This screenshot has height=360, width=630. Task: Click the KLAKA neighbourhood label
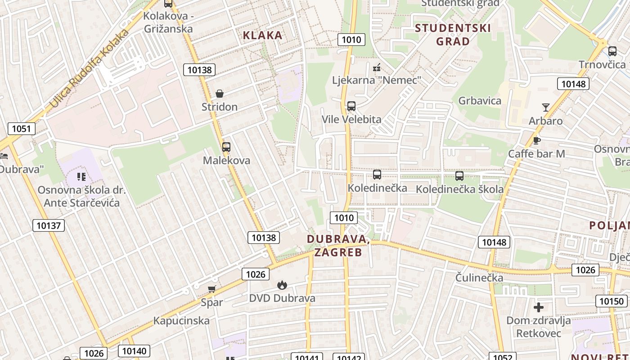point(263,35)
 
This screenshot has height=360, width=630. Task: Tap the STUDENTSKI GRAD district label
point(453,35)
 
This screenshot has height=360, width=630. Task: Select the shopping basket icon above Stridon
point(220,94)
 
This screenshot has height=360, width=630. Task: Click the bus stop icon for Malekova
point(226,147)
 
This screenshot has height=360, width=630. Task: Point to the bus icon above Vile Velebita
point(351,106)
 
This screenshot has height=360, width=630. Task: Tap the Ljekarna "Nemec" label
point(377,80)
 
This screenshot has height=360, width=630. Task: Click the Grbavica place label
point(480,100)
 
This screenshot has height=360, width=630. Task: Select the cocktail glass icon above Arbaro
point(546,108)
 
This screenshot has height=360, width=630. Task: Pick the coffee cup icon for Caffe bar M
point(536,140)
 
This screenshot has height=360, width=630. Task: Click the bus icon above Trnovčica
point(612,51)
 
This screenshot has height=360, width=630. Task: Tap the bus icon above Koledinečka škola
point(459,176)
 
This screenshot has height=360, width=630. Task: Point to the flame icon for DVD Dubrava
point(282,285)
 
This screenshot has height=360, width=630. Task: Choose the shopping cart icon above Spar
point(211,289)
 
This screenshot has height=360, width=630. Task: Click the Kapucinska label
point(181,321)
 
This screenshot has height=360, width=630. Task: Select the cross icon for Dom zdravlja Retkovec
point(539,307)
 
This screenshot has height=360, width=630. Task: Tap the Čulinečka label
point(479,278)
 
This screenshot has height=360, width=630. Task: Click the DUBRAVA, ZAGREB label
point(338,246)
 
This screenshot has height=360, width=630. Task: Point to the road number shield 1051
point(21,129)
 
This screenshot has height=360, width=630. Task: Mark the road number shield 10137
point(49,225)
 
